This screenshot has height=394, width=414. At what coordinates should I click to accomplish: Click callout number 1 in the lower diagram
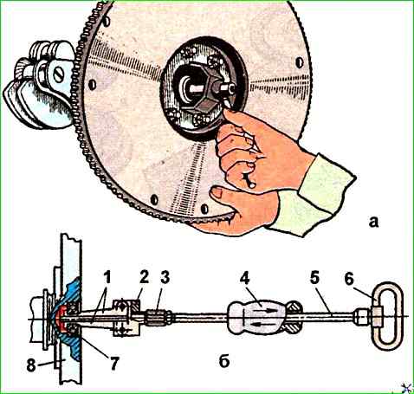107,278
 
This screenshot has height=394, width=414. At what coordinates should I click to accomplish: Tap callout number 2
144,278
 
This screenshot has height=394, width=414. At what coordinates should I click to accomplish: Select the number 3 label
165,278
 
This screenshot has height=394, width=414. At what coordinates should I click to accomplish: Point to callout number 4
245,278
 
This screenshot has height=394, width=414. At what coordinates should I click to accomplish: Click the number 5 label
314,278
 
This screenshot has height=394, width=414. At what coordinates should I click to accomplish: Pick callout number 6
349,279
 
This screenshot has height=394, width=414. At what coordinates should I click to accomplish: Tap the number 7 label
113,363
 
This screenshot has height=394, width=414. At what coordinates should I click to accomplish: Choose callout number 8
31,365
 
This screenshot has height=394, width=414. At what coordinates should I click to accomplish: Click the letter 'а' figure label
373,222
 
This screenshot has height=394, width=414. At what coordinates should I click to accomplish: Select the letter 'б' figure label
224,360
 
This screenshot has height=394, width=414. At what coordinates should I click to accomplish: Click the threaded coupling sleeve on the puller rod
158,317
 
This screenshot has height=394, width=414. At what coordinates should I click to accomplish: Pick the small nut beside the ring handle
360,317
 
